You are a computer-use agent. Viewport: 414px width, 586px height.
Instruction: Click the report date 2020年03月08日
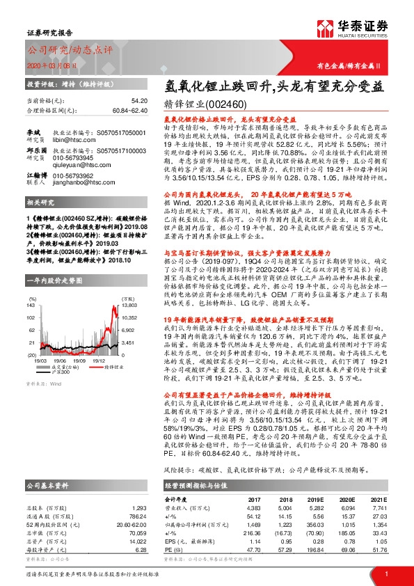tap(51, 67)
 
